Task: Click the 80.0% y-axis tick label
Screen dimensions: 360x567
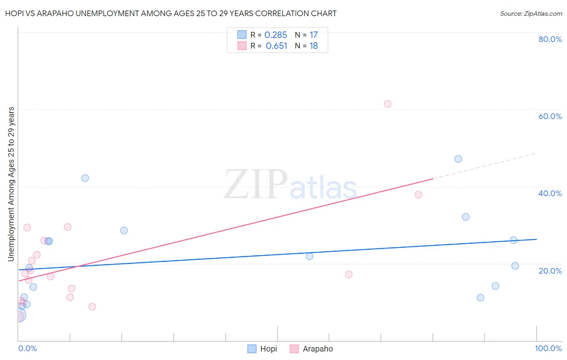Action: pyautogui.click(x=550, y=39)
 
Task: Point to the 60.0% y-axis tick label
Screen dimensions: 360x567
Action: pyautogui.click(x=550, y=116)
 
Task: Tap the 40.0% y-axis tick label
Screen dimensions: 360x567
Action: pyautogui.click(x=550, y=193)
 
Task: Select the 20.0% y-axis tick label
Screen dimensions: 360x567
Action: pyautogui.click(x=550, y=271)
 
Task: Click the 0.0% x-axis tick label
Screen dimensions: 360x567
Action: pyautogui.click(x=27, y=348)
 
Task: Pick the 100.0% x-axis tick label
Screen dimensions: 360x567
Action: pyautogui.click(x=548, y=348)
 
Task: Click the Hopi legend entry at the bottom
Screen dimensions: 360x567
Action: pyautogui.click(x=263, y=349)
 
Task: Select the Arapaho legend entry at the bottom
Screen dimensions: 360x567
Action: pyautogui.click(x=312, y=349)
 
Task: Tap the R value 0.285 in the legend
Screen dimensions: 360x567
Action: pyautogui.click(x=276, y=35)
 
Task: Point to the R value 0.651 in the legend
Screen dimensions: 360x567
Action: pyautogui.click(x=276, y=46)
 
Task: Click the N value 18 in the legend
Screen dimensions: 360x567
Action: pyautogui.click(x=314, y=46)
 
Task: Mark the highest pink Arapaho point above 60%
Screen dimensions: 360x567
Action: pyautogui.click(x=388, y=104)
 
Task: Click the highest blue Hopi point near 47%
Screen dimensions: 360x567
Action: pyautogui.click(x=458, y=159)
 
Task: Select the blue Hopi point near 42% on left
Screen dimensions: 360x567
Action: pyautogui.click(x=85, y=178)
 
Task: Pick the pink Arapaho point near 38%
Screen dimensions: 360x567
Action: pyautogui.click(x=418, y=195)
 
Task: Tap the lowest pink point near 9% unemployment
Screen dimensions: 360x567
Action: pyautogui.click(x=92, y=307)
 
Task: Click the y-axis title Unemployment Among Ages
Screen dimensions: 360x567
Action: pyautogui.click(x=11, y=184)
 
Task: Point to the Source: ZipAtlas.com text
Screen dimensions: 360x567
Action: pyautogui.click(x=531, y=14)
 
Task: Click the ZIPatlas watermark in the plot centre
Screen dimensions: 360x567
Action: pyautogui.click(x=290, y=185)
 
